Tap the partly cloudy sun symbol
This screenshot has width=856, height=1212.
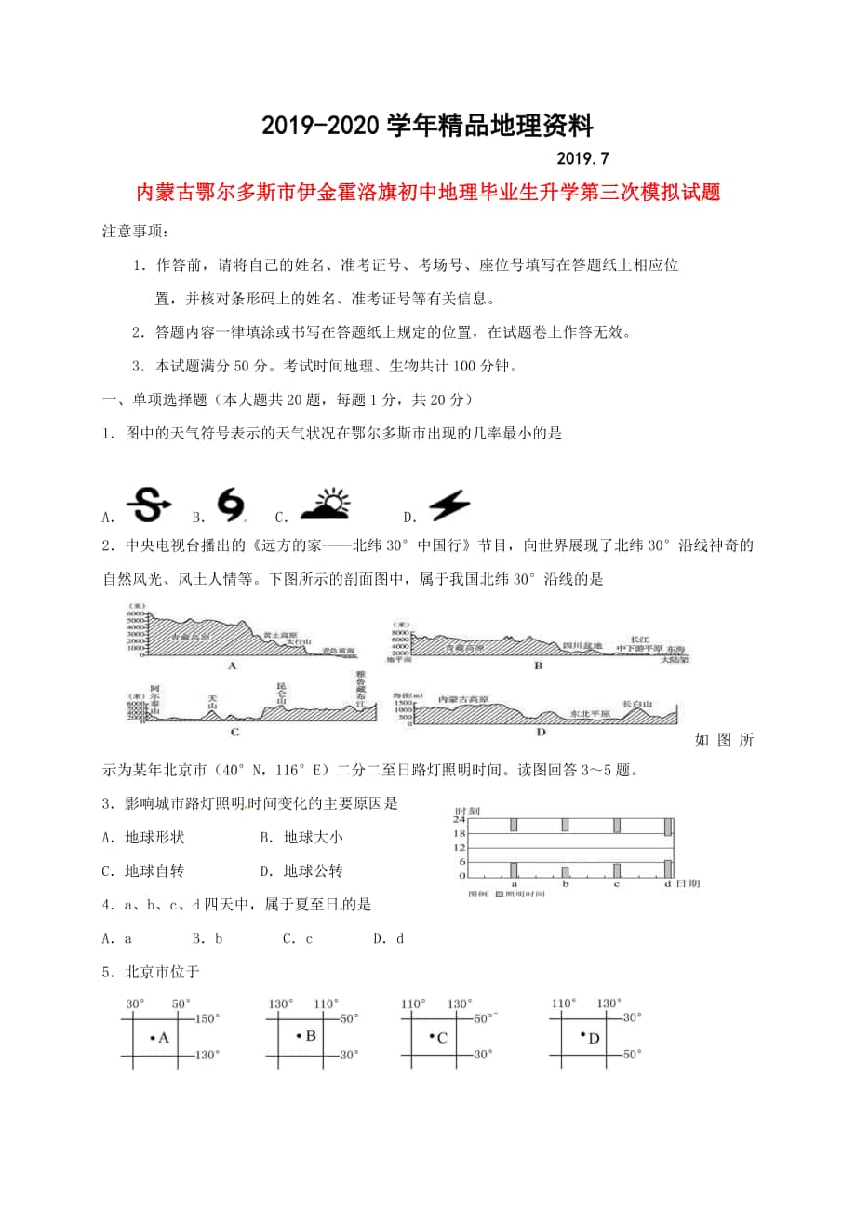318,504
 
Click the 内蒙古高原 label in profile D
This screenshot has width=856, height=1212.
463,698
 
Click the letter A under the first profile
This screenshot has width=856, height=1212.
232,666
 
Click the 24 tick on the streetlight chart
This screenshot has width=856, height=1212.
459,819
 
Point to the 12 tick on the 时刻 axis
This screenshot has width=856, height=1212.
459,848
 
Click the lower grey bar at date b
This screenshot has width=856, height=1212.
565,871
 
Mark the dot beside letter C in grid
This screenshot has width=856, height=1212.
432,1035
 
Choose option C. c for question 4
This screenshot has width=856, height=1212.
297,938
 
